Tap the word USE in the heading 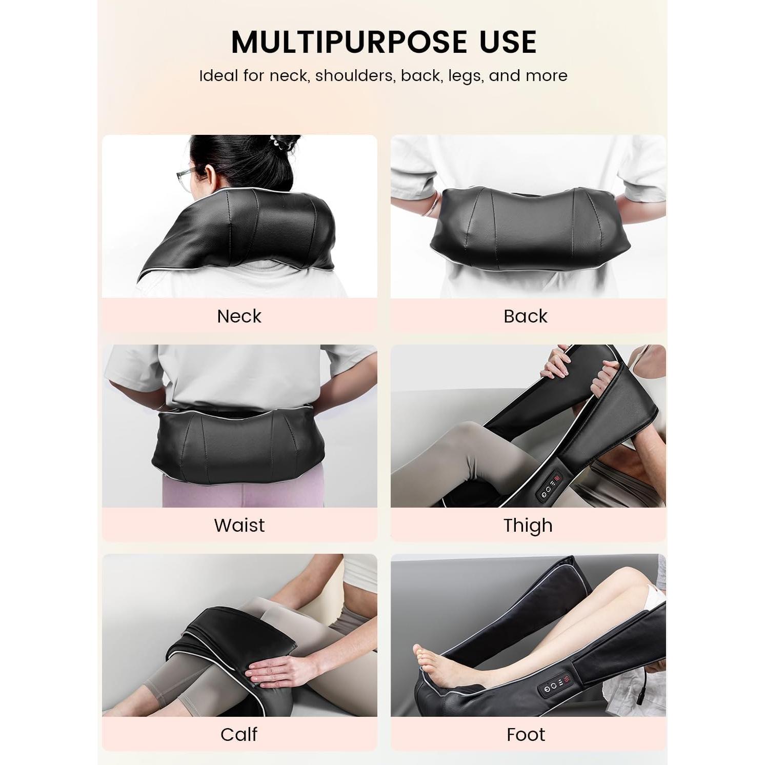(508, 42)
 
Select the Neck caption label (239, 316)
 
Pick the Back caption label (526, 316)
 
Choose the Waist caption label (239, 526)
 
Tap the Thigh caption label (528, 526)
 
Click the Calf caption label (239, 735)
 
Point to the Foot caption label (526, 735)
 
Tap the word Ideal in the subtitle (218, 76)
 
